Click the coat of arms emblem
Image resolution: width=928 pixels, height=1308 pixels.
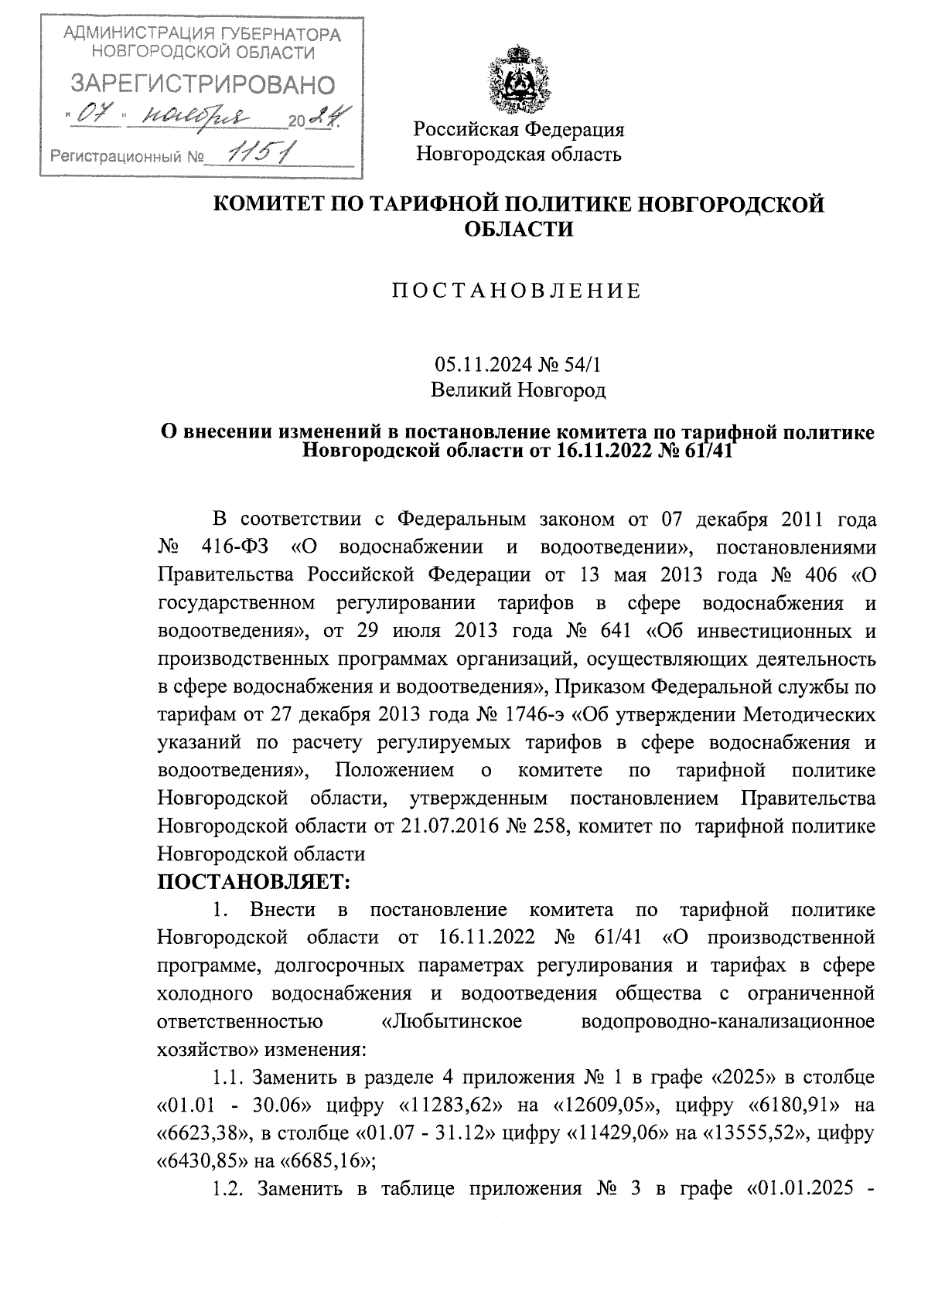click(518, 81)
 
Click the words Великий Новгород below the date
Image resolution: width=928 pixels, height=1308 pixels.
click(518, 390)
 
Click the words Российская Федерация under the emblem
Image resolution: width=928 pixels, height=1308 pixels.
click(518, 129)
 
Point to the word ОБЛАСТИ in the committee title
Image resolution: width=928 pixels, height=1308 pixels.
click(518, 230)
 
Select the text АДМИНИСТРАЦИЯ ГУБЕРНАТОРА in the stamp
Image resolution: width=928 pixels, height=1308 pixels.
click(202, 34)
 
